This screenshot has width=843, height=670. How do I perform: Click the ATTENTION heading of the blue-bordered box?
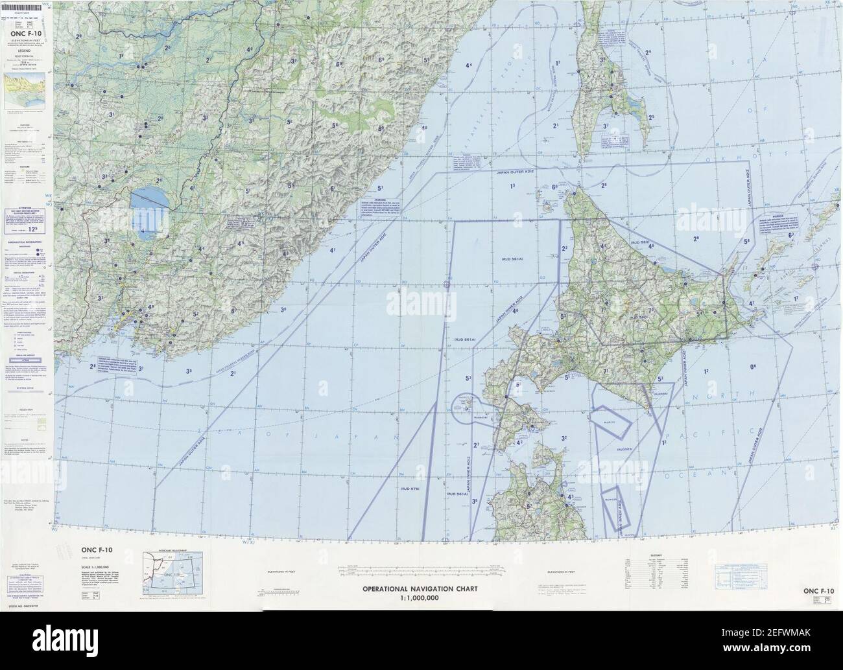[x=25, y=211]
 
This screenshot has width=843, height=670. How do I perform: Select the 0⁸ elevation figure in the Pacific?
[x=752, y=367]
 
